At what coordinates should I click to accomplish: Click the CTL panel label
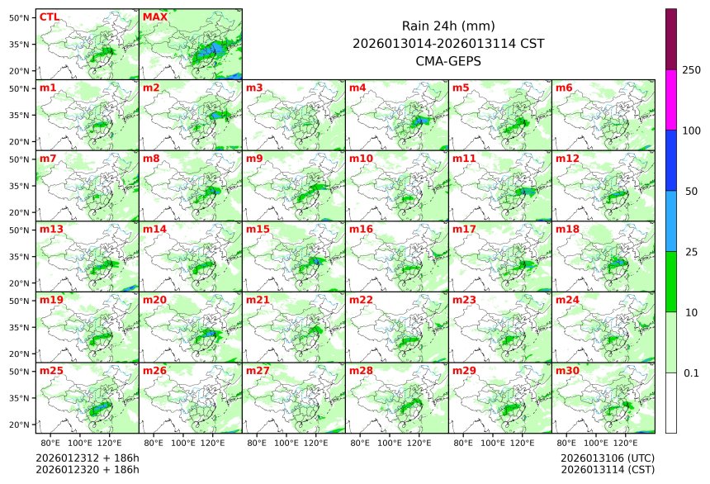(x=49, y=17)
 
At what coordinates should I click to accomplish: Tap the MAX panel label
(x=154, y=17)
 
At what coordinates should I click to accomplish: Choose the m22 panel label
(x=361, y=300)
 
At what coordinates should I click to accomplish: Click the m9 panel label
(x=254, y=158)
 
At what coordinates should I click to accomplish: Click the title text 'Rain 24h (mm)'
(x=448, y=26)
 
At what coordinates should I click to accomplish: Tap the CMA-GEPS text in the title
(x=448, y=60)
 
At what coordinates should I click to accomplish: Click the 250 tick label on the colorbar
(x=691, y=70)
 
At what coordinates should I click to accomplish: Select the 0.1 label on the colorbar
(x=691, y=373)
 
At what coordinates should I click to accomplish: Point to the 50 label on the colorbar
(x=691, y=192)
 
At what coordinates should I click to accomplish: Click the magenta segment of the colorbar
(x=671, y=99)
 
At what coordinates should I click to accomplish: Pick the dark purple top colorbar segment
(x=671, y=39)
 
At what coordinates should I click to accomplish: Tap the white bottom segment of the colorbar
(x=671, y=402)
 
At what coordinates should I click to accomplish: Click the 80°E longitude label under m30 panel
(x=566, y=443)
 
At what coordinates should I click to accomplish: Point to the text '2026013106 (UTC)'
(x=607, y=458)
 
